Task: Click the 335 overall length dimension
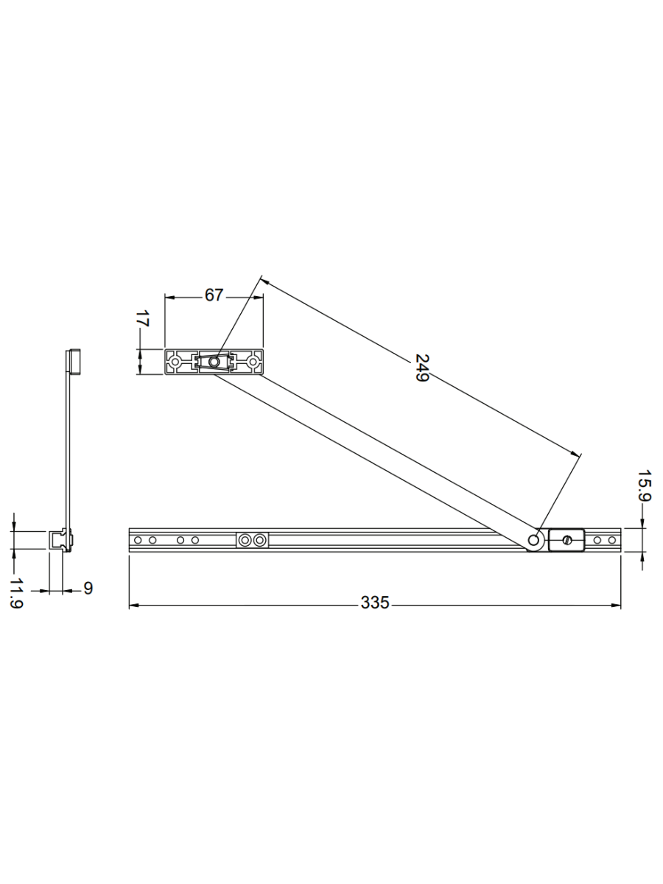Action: coord(374,603)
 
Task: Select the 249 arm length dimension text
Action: coord(422,368)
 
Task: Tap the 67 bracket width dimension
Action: coord(214,295)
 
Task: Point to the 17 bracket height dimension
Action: coord(143,320)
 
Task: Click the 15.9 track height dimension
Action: coord(645,486)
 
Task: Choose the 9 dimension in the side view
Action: coord(88,588)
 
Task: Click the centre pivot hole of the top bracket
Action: coord(214,362)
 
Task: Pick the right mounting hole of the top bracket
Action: coord(253,362)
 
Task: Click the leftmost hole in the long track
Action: coord(138,540)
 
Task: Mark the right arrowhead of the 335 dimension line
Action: coord(615,606)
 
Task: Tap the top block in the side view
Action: coord(73,362)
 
